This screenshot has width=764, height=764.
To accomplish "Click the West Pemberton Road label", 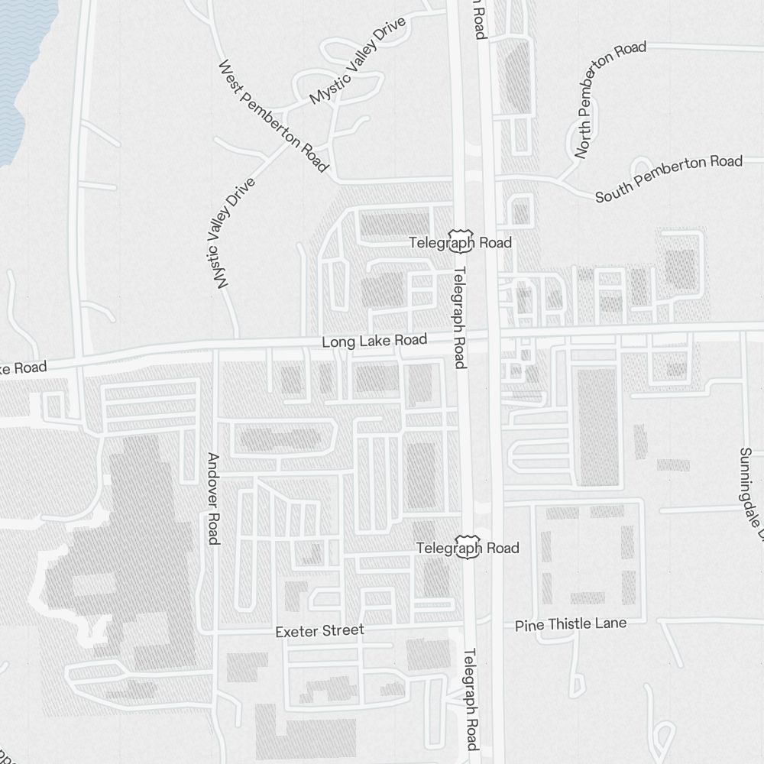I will point(273,116).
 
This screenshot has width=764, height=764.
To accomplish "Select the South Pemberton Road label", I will point(668,179).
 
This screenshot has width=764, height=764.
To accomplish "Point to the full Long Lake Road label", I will point(374,341).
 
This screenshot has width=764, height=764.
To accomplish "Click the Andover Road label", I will point(214,499).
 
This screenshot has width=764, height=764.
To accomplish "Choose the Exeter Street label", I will point(319,631).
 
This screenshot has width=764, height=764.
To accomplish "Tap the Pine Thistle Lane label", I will point(570,624).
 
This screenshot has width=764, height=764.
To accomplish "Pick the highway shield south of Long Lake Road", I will point(468,548).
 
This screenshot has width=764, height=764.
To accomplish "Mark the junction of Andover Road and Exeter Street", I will point(215,632).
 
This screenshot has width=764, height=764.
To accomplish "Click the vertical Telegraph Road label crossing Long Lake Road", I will point(459,317).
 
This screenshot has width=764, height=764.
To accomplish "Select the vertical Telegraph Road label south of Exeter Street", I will point(471,700).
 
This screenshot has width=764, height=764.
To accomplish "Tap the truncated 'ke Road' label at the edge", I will point(23,368).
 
